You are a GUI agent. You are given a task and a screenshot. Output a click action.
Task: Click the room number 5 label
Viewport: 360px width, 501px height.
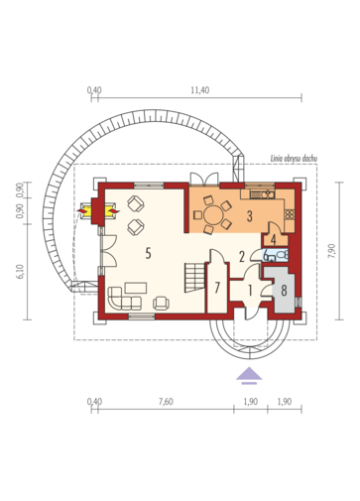(148, 253)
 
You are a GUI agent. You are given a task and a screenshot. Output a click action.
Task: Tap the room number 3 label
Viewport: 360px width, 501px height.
(250, 216)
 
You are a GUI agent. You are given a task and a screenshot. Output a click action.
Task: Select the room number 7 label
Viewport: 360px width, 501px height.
(217, 288)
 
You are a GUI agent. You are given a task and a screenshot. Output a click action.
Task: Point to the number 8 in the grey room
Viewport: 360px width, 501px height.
(284, 291)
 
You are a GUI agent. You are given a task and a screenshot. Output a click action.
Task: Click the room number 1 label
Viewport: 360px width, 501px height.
(250, 291)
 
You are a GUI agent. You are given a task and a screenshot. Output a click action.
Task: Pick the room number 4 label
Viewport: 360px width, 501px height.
(274, 239)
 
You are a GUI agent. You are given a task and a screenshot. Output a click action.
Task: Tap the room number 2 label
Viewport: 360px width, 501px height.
(242, 256)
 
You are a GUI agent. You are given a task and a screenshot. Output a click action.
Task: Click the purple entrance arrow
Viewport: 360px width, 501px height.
(249, 375)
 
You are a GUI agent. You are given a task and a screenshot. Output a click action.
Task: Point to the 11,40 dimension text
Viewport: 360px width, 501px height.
(200, 90)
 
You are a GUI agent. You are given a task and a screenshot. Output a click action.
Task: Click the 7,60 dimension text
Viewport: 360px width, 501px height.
(166, 402)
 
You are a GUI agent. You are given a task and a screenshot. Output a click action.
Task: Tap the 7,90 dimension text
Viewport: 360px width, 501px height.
(332, 252)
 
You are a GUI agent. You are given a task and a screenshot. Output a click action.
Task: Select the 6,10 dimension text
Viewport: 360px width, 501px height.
(21, 272)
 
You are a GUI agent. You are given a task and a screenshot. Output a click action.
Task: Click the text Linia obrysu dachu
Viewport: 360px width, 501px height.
(294, 159)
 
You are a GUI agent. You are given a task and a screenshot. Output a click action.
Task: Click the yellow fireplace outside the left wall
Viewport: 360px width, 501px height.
(86, 210)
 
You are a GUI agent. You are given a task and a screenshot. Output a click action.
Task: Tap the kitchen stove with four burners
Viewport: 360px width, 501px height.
(290, 214)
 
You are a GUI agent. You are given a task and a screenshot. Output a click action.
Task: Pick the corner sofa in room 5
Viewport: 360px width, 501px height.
(125, 299)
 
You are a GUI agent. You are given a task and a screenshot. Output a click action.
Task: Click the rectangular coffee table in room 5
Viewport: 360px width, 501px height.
(136, 288)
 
